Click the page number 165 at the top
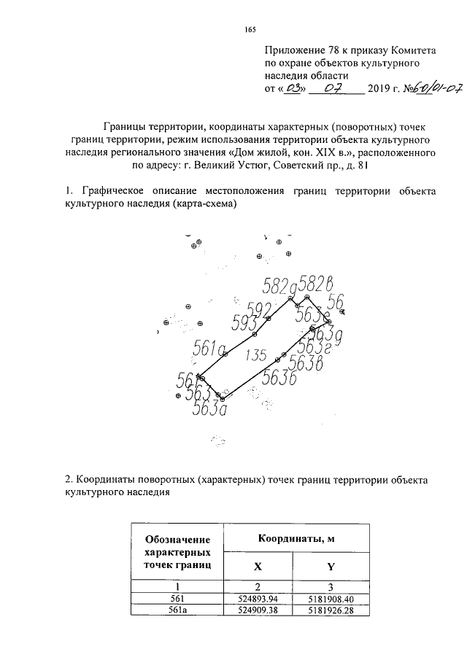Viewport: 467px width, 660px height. (x=250, y=30)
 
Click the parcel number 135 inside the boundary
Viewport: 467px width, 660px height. (x=255, y=356)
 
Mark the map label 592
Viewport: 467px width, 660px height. (x=260, y=308)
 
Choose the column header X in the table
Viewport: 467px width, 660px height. (x=256, y=566)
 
